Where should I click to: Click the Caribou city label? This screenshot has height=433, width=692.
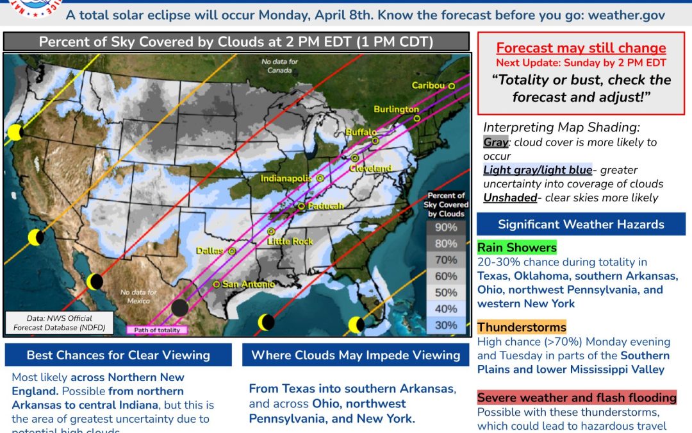tap(428, 85)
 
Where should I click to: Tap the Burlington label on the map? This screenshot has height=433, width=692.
tap(396, 109)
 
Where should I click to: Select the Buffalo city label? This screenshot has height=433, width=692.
tap(358, 132)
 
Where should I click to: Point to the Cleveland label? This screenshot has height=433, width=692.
tap(370, 168)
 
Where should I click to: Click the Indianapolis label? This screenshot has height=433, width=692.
tap(286, 178)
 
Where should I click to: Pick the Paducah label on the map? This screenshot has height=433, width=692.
tap(326, 206)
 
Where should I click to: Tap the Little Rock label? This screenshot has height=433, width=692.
tap(290, 241)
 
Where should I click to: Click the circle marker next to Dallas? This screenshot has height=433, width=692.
tap(232, 251)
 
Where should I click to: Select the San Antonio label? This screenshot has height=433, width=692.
tap(248, 284)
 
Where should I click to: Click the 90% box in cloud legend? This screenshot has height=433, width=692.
tap(446, 228)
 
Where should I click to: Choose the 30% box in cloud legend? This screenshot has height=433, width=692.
tap(446, 325)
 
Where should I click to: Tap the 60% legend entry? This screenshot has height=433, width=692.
tap(446, 276)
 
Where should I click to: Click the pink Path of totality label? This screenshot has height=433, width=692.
tap(157, 330)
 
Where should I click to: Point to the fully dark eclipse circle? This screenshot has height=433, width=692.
tap(180, 307)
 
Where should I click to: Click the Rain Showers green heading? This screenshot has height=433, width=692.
tap(516, 248)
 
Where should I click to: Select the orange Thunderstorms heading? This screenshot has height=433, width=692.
tap(522, 328)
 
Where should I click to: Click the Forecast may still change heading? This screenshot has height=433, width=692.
tap(581, 48)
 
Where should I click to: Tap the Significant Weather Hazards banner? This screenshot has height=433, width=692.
tap(581, 224)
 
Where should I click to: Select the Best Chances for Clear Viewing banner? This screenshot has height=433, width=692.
tap(118, 355)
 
